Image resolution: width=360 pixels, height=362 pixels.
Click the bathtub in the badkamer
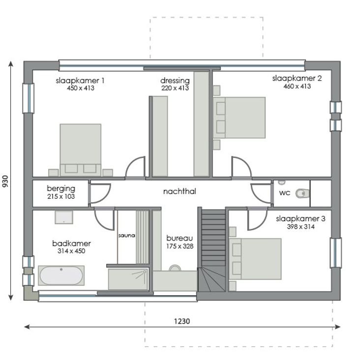tap(61, 275)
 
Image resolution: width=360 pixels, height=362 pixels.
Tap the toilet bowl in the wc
tap(302, 193)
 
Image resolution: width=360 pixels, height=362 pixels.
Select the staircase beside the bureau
tap(211, 250)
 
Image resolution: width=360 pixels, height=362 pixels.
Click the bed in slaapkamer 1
tap(80, 150)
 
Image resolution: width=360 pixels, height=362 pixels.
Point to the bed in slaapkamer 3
tap(255, 259)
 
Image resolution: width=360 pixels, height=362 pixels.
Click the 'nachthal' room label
tap(180, 191)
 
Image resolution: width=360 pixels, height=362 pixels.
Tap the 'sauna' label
tap(126, 236)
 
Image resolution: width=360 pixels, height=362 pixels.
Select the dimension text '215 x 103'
tap(61, 196)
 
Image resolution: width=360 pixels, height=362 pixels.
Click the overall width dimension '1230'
tap(182, 321)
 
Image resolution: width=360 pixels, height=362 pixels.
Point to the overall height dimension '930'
tap(5, 181)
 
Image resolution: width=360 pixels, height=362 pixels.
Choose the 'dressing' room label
tap(175, 81)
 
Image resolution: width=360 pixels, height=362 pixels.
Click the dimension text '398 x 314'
tap(300, 226)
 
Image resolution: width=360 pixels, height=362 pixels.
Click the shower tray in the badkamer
tap(128, 279)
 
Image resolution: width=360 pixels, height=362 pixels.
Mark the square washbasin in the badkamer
tap(64, 217)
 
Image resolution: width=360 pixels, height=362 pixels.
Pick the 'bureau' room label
tap(180, 238)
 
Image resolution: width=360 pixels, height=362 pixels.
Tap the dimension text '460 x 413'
tap(297, 86)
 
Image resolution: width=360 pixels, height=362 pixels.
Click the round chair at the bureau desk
tap(175, 268)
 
